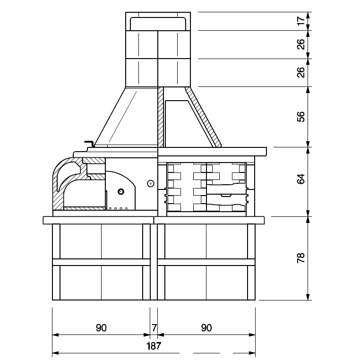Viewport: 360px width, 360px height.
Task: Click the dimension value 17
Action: tap(301, 21)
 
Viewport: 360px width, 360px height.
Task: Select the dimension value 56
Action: tap(301, 117)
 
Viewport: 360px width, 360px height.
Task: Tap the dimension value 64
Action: tap(301, 179)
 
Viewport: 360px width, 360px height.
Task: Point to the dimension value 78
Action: tap(301, 257)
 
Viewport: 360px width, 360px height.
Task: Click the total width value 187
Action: tap(154, 345)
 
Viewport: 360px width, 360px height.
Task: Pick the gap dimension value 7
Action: tap(154, 327)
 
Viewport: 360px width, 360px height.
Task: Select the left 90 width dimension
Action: tap(101, 327)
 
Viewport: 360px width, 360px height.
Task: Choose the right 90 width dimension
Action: tap(206, 327)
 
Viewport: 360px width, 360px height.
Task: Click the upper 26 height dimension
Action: tap(301, 44)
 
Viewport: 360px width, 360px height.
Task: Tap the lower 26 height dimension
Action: tap(301, 72)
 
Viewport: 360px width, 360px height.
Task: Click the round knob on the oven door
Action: tap(121, 191)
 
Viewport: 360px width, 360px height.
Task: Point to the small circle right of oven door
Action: tap(151, 183)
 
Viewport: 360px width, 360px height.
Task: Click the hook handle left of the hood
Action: tap(90, 143)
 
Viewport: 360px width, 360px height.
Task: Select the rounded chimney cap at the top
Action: tap(158, 24)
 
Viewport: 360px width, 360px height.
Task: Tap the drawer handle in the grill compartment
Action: tap(226, 196)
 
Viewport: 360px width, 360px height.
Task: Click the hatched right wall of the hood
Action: tap(203, 117)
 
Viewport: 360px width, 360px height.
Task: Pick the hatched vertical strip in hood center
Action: tap(161, 117)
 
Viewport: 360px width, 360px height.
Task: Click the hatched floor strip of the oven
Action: tap(84, 208)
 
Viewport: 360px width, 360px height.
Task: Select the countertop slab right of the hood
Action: tap(213, 152)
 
